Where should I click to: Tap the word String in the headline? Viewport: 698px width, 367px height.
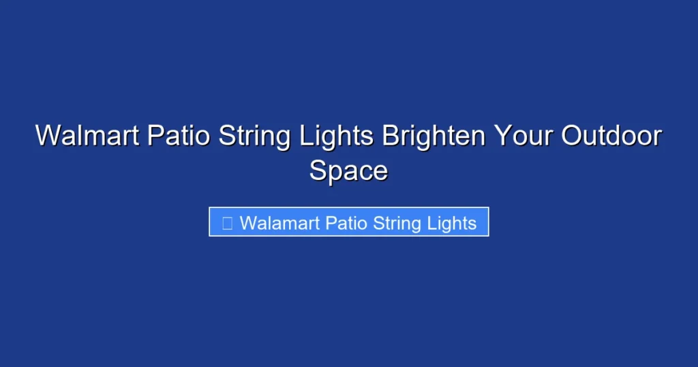pos(254,136)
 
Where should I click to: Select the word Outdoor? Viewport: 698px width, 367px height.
pos(611,136)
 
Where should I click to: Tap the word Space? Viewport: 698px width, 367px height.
pos(348,170)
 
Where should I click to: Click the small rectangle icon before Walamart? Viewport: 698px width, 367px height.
pos(228,223)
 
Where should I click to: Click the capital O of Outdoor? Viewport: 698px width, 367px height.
pos(571,136)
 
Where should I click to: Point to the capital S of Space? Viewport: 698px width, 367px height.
pos(318,170)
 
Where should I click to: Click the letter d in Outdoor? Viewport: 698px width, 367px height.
pos(618,136)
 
